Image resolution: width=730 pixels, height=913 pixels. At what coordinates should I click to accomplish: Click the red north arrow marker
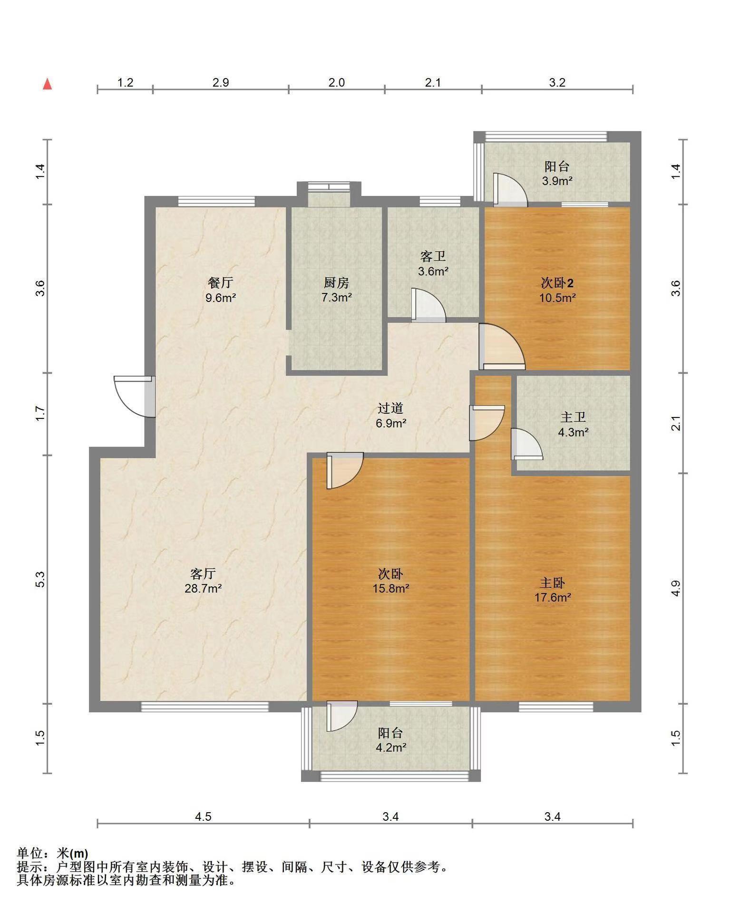47,84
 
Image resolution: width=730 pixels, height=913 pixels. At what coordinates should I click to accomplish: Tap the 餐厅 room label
221,282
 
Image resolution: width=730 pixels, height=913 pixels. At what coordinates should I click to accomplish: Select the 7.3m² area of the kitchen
336,298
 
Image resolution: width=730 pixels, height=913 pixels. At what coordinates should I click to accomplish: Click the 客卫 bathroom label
433,257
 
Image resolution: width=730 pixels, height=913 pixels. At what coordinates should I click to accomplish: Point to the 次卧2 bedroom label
557,283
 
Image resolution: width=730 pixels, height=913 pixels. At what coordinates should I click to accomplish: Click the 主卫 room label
573,418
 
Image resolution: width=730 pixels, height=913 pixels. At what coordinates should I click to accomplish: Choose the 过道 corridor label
390,408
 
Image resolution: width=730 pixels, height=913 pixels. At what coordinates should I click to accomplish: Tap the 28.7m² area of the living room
204,588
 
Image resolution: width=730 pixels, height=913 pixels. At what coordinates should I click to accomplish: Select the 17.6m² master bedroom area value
553,597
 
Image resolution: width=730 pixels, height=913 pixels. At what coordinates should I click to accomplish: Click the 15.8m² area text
391,588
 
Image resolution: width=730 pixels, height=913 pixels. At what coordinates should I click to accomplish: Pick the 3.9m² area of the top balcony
557,181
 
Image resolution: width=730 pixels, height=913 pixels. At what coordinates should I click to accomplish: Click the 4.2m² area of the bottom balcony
391,748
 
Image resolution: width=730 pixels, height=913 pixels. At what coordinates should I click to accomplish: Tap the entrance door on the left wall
135,397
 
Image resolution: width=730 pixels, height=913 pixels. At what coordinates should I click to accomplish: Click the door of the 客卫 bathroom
428,305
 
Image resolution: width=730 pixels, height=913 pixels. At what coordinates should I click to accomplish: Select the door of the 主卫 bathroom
527,444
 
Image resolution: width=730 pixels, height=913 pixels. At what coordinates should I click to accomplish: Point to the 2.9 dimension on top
221,82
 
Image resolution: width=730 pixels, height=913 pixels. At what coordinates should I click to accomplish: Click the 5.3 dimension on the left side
40,579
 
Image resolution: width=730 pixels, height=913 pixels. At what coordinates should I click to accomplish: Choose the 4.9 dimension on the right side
676,588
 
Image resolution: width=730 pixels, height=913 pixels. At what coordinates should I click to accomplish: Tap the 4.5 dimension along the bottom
203,816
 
